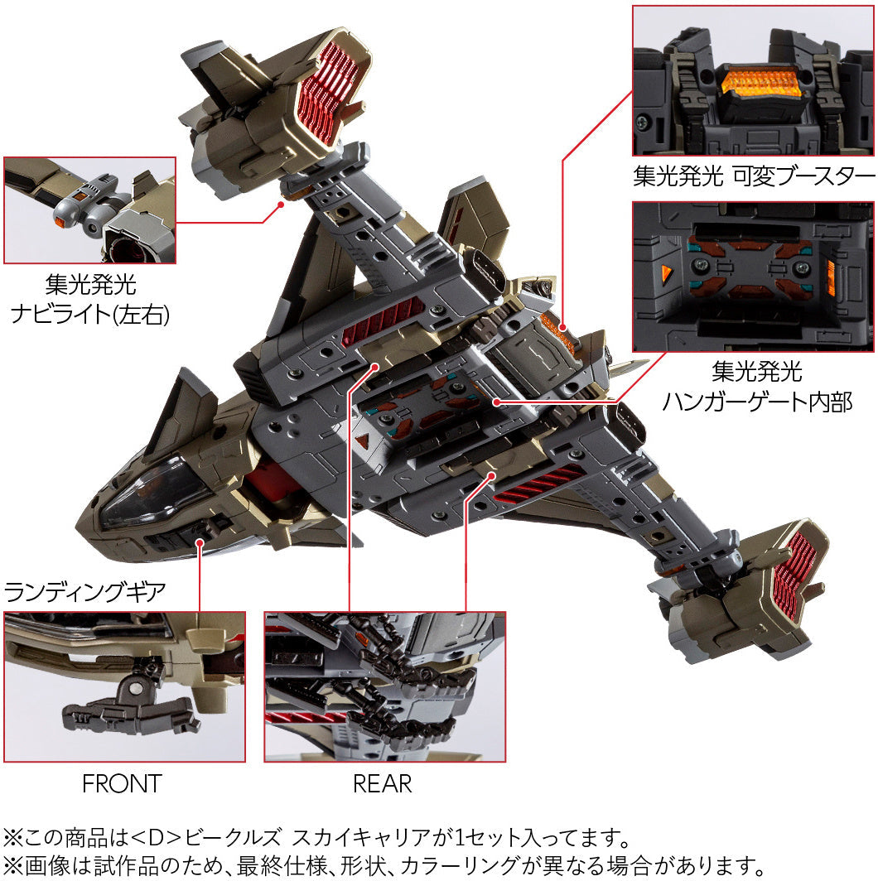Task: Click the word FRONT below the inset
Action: coord(122,783)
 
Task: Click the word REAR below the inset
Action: coord(382,783)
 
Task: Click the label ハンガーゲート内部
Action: coord(757,402)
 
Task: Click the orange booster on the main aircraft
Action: coord(557,331)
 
